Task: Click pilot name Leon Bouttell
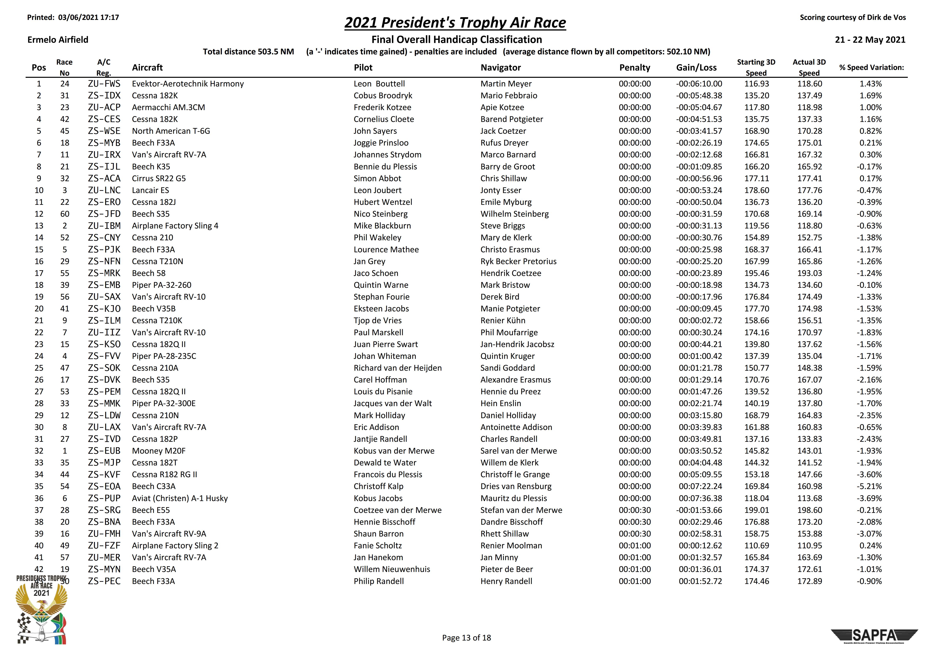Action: pyautogui.click(x=379, y=84)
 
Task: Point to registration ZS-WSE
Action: pyautogui.click(x=104, y=131)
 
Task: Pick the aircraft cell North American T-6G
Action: pyautogui.click(x=171, y=131)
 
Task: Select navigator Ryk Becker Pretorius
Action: pyautogui.click(x=518, y=262)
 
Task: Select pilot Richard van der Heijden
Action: pyautogui.click(x=397, y=368)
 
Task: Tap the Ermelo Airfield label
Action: pyautogui.click(x=58, y=39)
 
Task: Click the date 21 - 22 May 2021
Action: pyautogui.click(x=870, y=39)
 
